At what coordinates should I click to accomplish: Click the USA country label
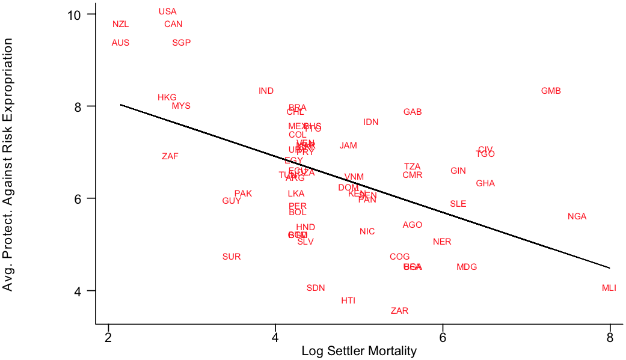click(x=168, y=11)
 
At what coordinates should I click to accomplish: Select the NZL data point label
click(x=120, y=25)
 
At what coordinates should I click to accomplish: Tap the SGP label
click(x=181, y=43)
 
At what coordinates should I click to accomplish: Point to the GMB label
click(x=551, y=91)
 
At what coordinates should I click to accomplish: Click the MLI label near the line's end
click(x=609, y=288)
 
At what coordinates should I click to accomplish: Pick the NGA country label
click(x=577, y=217)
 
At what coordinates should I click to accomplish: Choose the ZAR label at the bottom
click(x=399, y=311)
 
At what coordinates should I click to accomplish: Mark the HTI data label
click(x=348, y=301)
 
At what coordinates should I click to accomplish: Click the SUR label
click(x=232, y=257)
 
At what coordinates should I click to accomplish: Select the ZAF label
click(x=170, y=157)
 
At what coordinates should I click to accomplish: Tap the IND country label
click(x=266, y=91)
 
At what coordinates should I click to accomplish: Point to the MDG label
click(x=467, y=267)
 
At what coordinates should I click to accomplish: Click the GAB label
click(x=413, y=112)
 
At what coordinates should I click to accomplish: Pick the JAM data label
click(x=348, y=146)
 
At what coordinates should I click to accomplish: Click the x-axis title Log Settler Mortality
click(x=359, y=352)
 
